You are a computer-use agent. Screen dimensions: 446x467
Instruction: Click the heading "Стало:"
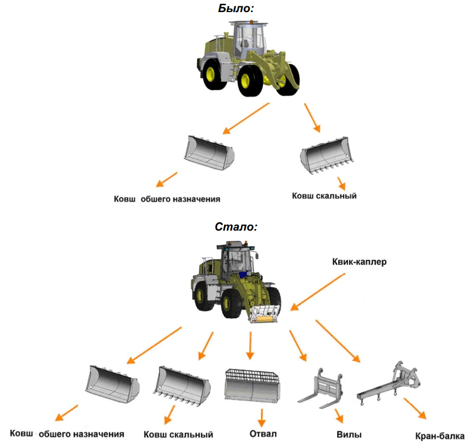tap(236, 227)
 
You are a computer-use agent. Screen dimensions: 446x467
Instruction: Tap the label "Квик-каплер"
tap(359, 261)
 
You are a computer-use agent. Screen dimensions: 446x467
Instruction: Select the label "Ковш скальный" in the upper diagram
tap(324, 196)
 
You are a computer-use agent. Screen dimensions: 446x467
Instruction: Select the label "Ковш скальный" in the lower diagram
tap(178, 434)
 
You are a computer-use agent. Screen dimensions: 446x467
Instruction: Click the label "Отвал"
tap(262, 433)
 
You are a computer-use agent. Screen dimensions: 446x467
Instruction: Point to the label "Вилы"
tap(349, 435)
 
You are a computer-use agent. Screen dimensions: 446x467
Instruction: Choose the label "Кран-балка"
tap(440, 436)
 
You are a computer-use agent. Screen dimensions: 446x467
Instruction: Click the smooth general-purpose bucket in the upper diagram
tap(209, 151)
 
